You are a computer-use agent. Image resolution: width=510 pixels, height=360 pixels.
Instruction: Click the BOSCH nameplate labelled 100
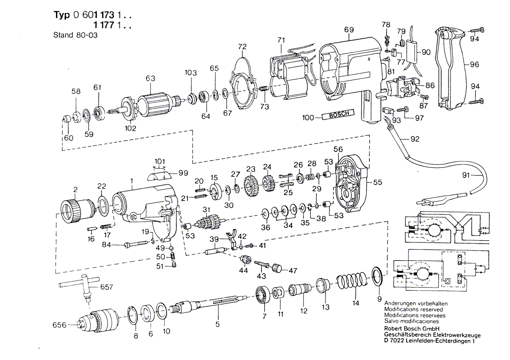338,115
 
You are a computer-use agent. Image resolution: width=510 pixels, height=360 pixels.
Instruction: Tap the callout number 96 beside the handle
474,64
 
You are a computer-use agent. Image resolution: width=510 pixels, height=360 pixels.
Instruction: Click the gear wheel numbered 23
251,187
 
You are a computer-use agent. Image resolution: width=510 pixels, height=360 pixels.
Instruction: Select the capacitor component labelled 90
411,52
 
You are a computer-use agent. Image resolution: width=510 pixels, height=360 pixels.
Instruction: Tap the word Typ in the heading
62,15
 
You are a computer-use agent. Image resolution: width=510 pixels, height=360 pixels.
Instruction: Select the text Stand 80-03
75,35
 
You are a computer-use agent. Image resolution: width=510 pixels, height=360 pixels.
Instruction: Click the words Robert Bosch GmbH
412,328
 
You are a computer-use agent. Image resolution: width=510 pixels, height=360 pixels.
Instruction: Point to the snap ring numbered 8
133,314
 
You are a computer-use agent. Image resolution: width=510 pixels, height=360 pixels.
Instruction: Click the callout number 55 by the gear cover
377,182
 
